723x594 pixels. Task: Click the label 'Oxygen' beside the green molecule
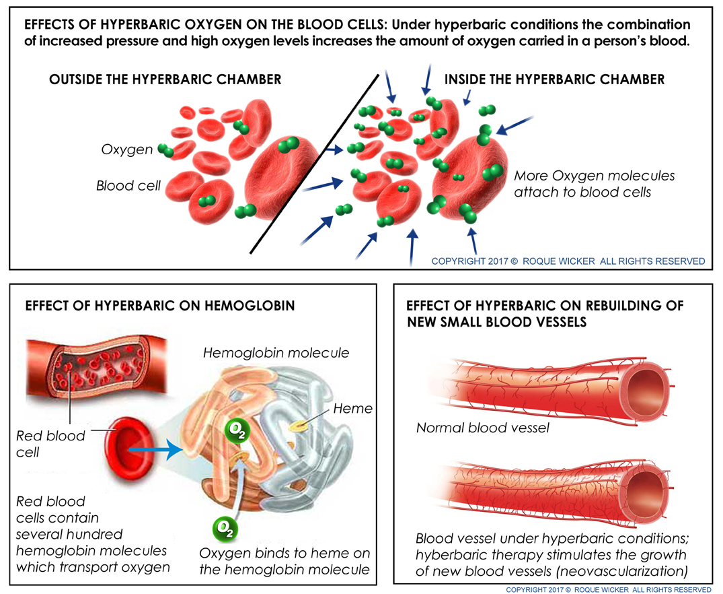(127, 150)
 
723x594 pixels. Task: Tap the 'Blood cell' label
(128, 186)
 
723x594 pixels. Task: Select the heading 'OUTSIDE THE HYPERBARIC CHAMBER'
(165, 79)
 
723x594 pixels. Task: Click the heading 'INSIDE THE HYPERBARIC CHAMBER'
(554, 79)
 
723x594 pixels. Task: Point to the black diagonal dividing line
(315, 164)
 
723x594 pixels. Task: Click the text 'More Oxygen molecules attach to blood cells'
(595, 184)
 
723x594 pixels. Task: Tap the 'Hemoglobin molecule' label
(276, 353)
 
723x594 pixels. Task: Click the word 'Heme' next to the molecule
(352, 408)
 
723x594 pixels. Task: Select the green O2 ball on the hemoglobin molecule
(237, 430)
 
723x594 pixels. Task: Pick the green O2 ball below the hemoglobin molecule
(225, 529)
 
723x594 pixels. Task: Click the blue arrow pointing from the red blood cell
(156, 449)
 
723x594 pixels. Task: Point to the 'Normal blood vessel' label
(483, 428)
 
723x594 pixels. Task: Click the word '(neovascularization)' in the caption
(623, 571)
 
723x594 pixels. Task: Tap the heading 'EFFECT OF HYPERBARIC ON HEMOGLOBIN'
(160, 306)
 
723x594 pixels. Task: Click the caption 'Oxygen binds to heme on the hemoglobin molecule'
(284, 561)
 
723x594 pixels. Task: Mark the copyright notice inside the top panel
(568, 261)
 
